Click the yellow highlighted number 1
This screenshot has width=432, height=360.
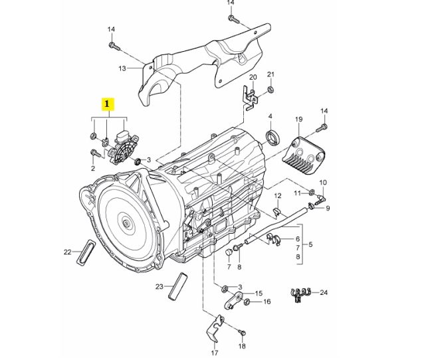pyautogui.click(x=107, y=104)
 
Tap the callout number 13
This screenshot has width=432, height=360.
pyautogui.click(x=122, y=68)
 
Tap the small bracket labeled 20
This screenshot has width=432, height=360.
pyautogui.click(x=250, y=99)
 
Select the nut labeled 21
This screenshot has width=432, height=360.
pyautogui.click(x=270, y=89)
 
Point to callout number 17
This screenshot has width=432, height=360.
pyautogui.click(x=215, y=352)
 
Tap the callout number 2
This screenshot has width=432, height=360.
pyautogui.click(x=92, y=169)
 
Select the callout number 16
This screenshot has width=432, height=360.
pyautogui.click(x=267, y=302)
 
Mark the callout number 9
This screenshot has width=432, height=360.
pyautogui.click(x=326, y=208)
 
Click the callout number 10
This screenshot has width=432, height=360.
pyautogui.click(x=324, y=182)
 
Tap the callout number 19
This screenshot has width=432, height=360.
pyautogui.click(x=298, y=119)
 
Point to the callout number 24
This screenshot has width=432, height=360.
pyautogui.click(x=324, y=292)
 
